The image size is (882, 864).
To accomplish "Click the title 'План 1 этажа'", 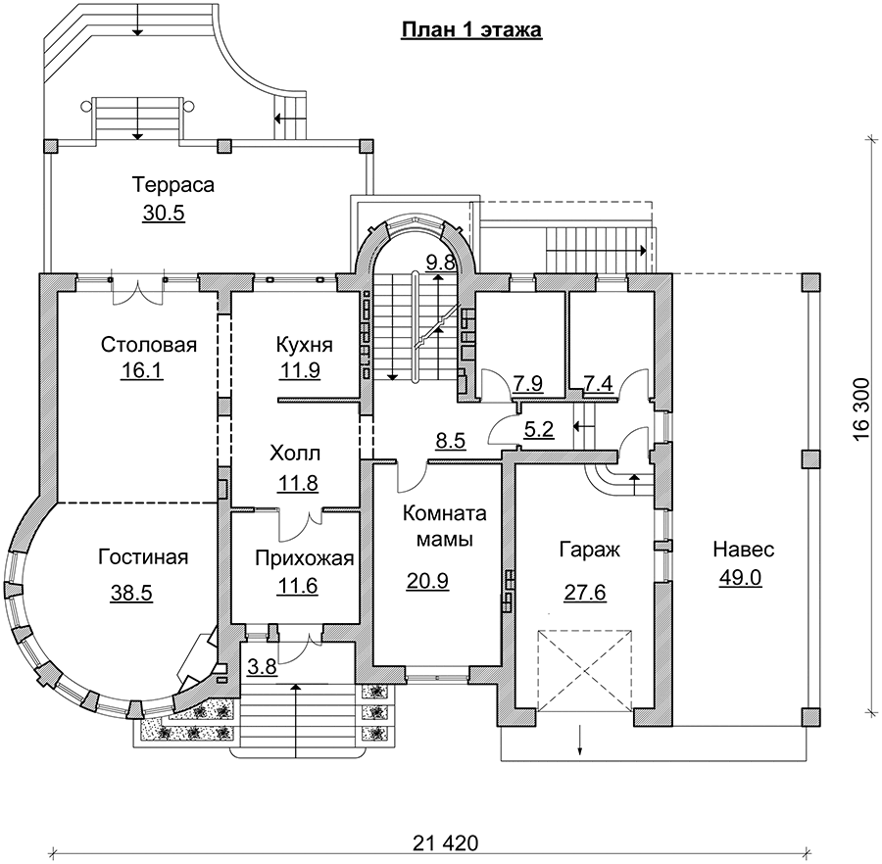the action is point(471,29).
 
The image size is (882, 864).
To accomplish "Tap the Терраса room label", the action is point(173,185).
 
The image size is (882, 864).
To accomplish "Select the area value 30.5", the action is point(164,214).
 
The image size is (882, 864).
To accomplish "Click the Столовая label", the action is point(149,345).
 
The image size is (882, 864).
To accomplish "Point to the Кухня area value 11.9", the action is point(300,371).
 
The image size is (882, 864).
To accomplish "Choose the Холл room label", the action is point(295,454).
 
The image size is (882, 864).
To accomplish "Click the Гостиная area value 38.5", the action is point(131,593).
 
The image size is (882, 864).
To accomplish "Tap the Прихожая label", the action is point(305,558).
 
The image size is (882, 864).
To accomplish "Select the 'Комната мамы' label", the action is point(444,526).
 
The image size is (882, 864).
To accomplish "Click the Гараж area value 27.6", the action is point(585,593).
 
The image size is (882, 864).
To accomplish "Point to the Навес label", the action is point(744,550).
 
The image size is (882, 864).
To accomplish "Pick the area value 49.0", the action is point(740,578).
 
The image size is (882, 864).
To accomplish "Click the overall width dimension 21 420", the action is point(446,843).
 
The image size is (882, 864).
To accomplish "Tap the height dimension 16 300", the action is point(862,409).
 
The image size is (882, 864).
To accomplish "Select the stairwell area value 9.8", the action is point(440,263).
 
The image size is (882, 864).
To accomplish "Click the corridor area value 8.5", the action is point(451,441).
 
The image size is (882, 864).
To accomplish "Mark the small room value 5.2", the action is point(539,430).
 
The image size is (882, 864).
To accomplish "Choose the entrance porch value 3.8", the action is point(262,667).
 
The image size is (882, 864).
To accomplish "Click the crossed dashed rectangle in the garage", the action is point(585,671).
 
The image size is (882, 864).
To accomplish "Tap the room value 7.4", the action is point(598,384).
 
